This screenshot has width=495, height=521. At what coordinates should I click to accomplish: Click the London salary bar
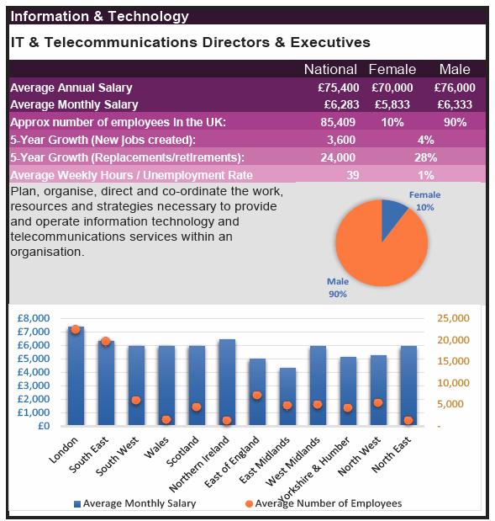click(76, 375)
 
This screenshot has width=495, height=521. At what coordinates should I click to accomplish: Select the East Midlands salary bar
click(287, 396)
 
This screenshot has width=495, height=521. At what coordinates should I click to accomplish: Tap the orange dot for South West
click(136, 400)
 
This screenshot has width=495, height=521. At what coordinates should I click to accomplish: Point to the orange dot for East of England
click(257, 395)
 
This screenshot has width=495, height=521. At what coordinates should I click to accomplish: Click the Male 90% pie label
click(338, 288)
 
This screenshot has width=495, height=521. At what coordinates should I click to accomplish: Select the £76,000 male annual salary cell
click(455, 88)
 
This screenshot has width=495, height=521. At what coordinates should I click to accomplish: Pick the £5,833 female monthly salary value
click(392, 104)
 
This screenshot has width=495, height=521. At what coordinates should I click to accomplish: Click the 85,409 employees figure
click(338, 122)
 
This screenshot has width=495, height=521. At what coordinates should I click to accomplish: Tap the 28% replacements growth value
click(425, 157)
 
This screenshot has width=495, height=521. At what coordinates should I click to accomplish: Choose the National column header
click(330, 70)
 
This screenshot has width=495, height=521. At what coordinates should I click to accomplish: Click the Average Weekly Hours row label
click(131, 175)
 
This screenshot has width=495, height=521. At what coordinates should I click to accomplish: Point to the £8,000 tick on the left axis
click(34, 318)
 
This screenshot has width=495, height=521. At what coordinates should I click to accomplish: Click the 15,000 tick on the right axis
click(453, 361)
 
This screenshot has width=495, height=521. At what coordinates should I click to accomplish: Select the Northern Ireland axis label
click(198, 464)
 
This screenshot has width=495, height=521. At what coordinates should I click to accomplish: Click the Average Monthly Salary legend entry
click(134, 503)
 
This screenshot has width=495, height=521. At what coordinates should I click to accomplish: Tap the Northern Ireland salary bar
click(227, 382)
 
